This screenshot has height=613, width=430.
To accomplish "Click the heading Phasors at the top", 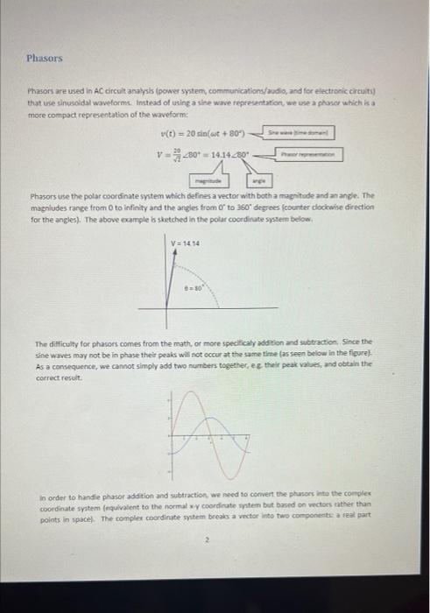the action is (x=44, y=59).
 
